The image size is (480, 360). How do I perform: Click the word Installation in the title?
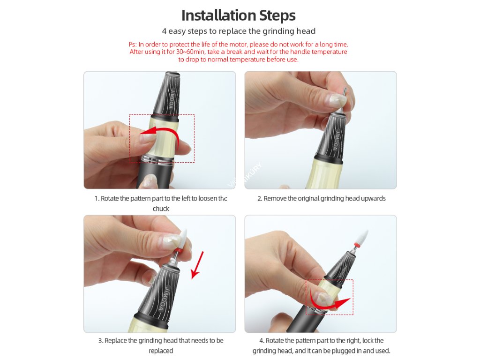(218, 15)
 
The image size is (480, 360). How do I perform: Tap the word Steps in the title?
(277, 15)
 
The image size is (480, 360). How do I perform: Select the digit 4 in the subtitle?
(165, 31)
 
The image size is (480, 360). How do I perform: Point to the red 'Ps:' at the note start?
(133, 45)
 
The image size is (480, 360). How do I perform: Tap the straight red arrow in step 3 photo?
(197, 265)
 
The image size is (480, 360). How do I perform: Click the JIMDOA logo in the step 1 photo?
(172, 99)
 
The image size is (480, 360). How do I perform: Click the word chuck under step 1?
(161, 209)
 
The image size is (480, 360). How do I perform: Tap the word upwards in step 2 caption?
(373, 199)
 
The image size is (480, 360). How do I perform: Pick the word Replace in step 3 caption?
(116, 341)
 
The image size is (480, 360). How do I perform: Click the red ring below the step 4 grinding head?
(356, 245)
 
